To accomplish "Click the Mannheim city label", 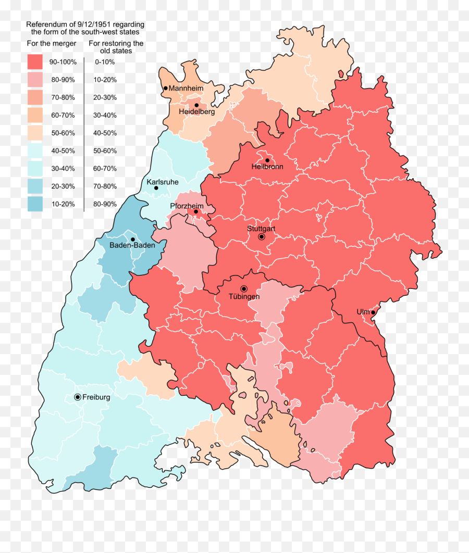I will pos(186,89).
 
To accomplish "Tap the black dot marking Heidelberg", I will pos(196,105).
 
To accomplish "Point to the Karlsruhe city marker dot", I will pos(156,187).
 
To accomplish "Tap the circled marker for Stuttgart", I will pos(262,237).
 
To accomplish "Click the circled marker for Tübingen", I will pos(243,289).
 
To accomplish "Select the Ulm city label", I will pos(363,312).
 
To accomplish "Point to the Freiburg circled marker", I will pos(78,397).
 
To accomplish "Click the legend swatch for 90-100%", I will pos(35,62).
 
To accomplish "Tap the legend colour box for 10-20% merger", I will pos(35,204).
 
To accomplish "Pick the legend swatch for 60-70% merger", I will pos(35,115).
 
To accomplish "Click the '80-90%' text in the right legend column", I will pos(105,204).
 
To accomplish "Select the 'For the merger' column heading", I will pos(52,43).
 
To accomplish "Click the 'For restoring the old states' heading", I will pos(116,47).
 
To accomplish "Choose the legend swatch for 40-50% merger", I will pos(35,150).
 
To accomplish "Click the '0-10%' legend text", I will pos(105,62).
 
